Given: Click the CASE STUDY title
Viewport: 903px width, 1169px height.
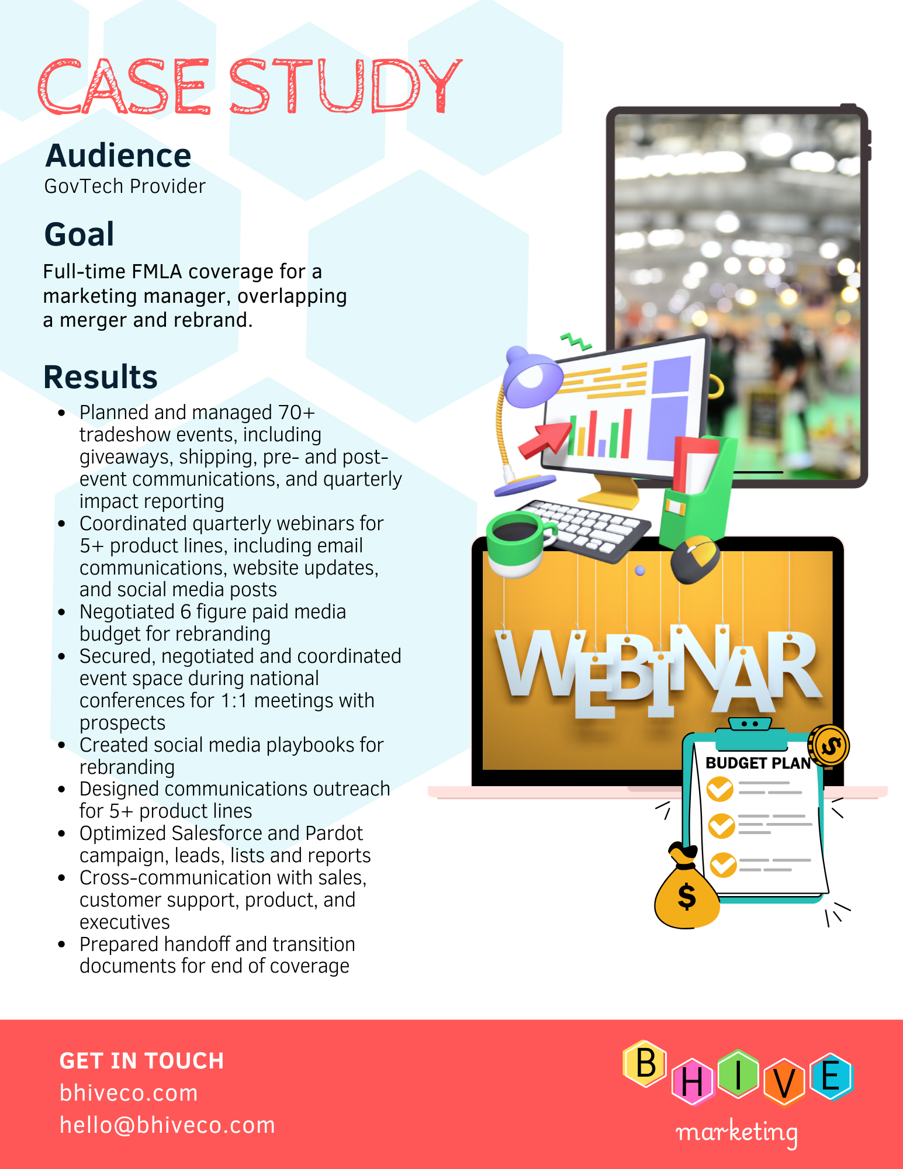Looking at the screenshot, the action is [x=250, y=86].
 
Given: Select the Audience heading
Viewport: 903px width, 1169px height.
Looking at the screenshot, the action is [x=118, y=155].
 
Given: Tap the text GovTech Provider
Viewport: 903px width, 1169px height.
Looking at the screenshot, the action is [x=125, y=186].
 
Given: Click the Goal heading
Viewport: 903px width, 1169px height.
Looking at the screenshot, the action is [x=79, y=234].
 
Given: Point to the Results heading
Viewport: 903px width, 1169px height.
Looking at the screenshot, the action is [x=101, y=376].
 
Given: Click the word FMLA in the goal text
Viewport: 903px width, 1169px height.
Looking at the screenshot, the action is [x=157, y=272].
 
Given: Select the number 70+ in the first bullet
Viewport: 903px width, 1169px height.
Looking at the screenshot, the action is [x=296, y=412].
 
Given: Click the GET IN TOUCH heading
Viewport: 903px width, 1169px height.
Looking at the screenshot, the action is [x=142, y=1061].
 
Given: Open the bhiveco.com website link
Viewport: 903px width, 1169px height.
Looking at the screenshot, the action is [x=129, y=1093].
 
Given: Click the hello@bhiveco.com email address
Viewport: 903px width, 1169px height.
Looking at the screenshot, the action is [x=167, y=1125].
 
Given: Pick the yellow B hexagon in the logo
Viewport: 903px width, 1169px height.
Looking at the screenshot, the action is [x=645, y=1063].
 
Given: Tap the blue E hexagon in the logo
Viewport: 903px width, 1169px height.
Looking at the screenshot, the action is [x=832, y=1076].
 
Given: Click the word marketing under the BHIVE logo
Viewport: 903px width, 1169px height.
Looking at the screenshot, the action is [x=736, y=1133].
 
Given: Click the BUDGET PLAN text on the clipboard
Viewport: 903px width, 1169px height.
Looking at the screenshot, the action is [x=758, y=763].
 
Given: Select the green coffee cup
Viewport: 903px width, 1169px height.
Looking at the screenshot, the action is [x=517, y=543].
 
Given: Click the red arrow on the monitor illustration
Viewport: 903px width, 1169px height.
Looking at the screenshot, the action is [x=545, y=439].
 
